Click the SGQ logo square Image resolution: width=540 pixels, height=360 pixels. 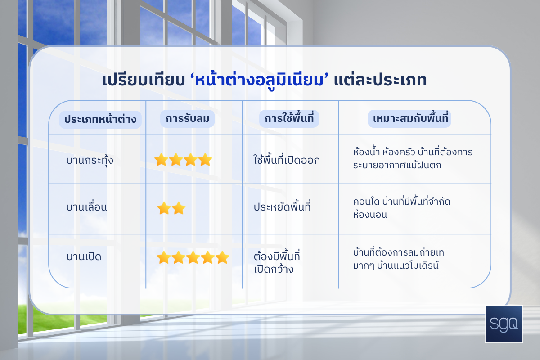(504, 324)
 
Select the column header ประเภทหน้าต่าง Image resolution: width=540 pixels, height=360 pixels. (100, 120)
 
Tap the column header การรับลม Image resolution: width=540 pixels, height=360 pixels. (187, 119)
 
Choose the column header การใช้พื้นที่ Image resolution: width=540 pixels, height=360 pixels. (289, 119)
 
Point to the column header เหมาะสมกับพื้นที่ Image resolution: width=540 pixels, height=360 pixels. (409, 119)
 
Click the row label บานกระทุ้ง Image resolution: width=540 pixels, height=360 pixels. (90, 160)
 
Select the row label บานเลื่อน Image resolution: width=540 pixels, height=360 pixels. (86, 207)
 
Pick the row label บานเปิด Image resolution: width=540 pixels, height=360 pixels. (84, 256)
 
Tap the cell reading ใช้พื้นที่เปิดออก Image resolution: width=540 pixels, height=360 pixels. (287, 159)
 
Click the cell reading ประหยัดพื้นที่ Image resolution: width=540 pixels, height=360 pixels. (282, 207)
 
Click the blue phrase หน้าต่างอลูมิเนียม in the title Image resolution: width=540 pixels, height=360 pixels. (259, 81)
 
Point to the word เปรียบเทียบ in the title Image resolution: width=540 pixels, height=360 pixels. (144, 80)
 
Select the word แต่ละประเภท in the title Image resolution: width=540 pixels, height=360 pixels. (380, 80)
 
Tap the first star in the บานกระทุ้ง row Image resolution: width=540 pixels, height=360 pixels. (161, 159)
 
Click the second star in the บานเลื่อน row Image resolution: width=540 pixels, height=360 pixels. (179, 208)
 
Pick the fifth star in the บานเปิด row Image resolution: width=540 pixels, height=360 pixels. (222, 257)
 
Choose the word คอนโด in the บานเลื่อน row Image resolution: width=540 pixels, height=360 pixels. (366, 202)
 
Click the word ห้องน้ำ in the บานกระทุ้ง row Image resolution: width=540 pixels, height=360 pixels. (366, 152)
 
